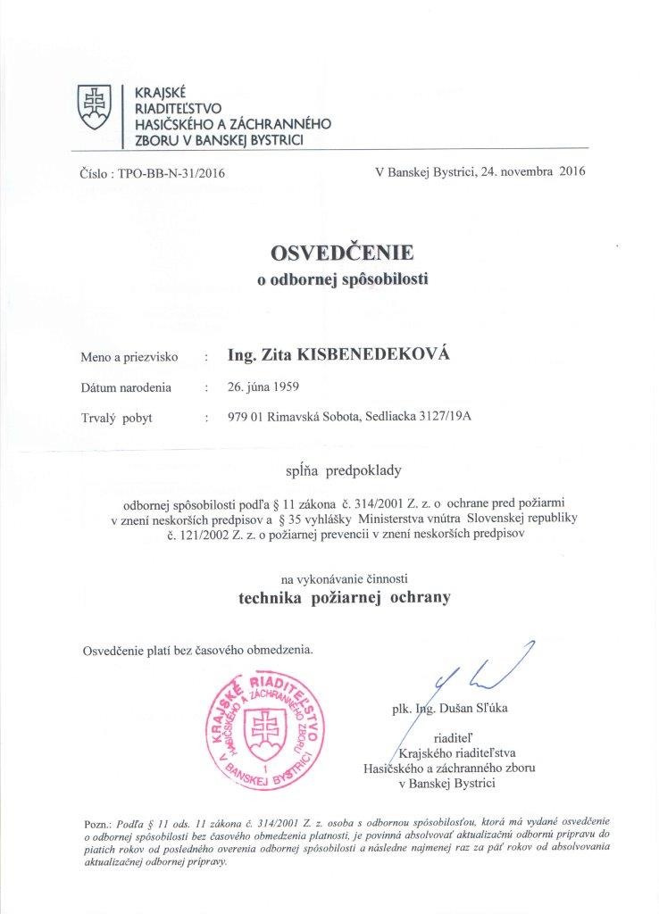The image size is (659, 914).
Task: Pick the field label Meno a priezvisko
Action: (x=129, y=357)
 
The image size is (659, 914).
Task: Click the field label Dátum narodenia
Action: (x=126, y=387)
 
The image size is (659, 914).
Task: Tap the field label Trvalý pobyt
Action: (x=116, y=418)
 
